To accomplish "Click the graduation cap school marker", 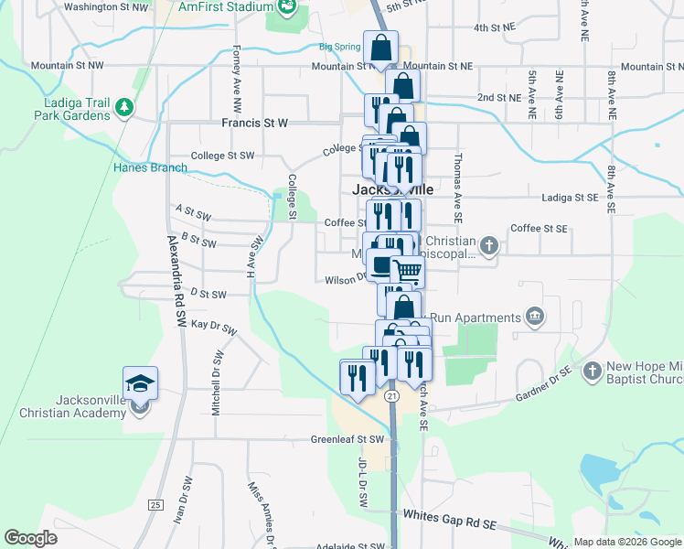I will [141, 382].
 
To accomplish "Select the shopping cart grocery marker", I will [408, 272].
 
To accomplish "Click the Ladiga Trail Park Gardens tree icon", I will [123, 109].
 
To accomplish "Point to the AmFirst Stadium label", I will [227, 6].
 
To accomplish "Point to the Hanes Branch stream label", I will [150, 167].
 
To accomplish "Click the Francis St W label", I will [254, 122].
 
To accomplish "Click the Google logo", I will [30, 537].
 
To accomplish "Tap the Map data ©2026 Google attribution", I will [626, 542].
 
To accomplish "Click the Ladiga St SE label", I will [569, 197].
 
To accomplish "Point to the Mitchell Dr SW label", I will [217, 383].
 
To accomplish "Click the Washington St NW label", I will [106, 6].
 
